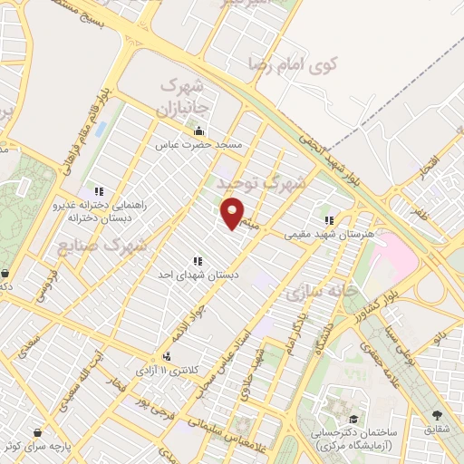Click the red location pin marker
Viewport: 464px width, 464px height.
pos(234,213)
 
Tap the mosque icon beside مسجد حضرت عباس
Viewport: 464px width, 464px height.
pos(199,130)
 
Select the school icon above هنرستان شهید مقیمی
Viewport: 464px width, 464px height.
pos(330,219)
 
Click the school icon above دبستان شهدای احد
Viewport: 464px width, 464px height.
pos(197,261)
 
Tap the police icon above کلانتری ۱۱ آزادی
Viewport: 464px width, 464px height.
pos(167,356)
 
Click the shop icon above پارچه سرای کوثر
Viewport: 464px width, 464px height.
pos(37,432)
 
